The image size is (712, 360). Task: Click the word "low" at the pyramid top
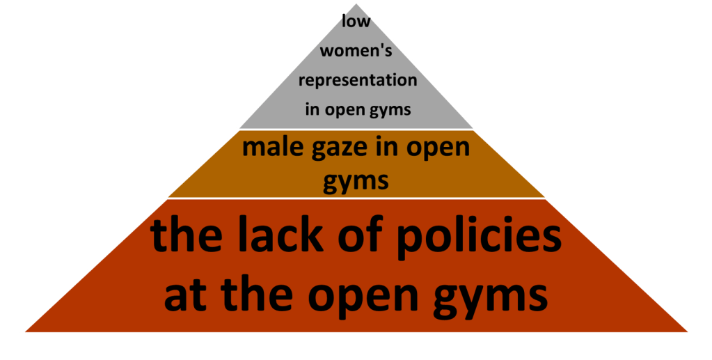pyautogui.click(x=356, y=21)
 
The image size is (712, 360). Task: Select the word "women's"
pyautogui.click(x=356, y=50)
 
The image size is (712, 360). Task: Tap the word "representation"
pyautogui.click(x=358, y=80)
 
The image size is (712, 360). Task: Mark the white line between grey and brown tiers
pyautogui.click(x=355, y=130)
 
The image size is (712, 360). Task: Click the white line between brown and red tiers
pyautogui.click(x=355, y=198)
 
